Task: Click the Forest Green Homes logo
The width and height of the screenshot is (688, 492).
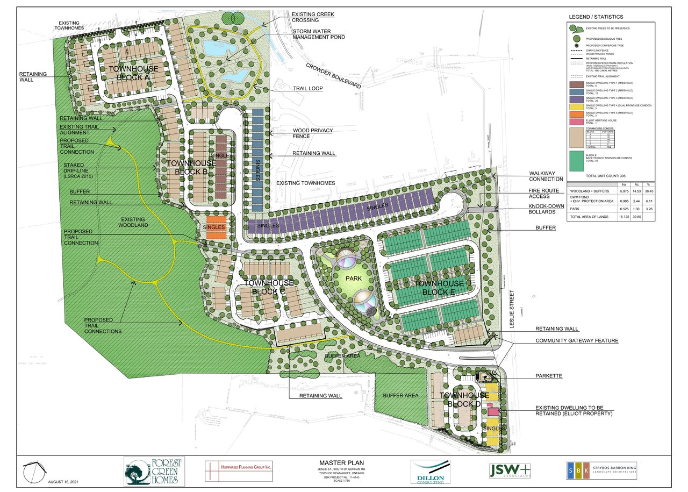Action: point(154,471)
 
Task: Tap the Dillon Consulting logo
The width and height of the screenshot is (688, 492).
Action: point(430,471)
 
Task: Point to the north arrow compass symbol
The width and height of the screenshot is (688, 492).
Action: point(33,473)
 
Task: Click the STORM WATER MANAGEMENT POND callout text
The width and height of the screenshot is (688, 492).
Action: point(318,33)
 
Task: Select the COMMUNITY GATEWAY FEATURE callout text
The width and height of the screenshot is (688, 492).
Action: point(576,341)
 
